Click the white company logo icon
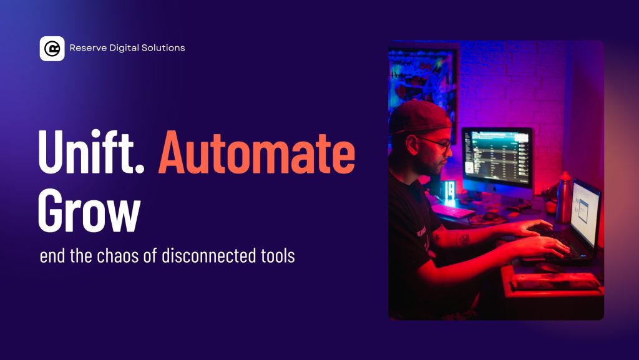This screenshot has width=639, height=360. tap(52, 49)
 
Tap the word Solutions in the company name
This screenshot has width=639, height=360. tap(163, 47)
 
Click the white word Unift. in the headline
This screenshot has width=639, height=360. tap(91, 152)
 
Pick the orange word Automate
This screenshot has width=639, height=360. tap(256, 152)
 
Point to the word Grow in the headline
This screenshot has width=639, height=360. tap(89, 210)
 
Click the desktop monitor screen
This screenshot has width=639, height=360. tap(498, 157)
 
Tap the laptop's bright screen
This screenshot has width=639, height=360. tap(585, 208)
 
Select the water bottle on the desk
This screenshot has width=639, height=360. tap(564, 198)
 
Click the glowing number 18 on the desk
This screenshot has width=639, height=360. tap(449, 190)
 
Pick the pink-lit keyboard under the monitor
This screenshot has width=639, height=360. tap(452, 211)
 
